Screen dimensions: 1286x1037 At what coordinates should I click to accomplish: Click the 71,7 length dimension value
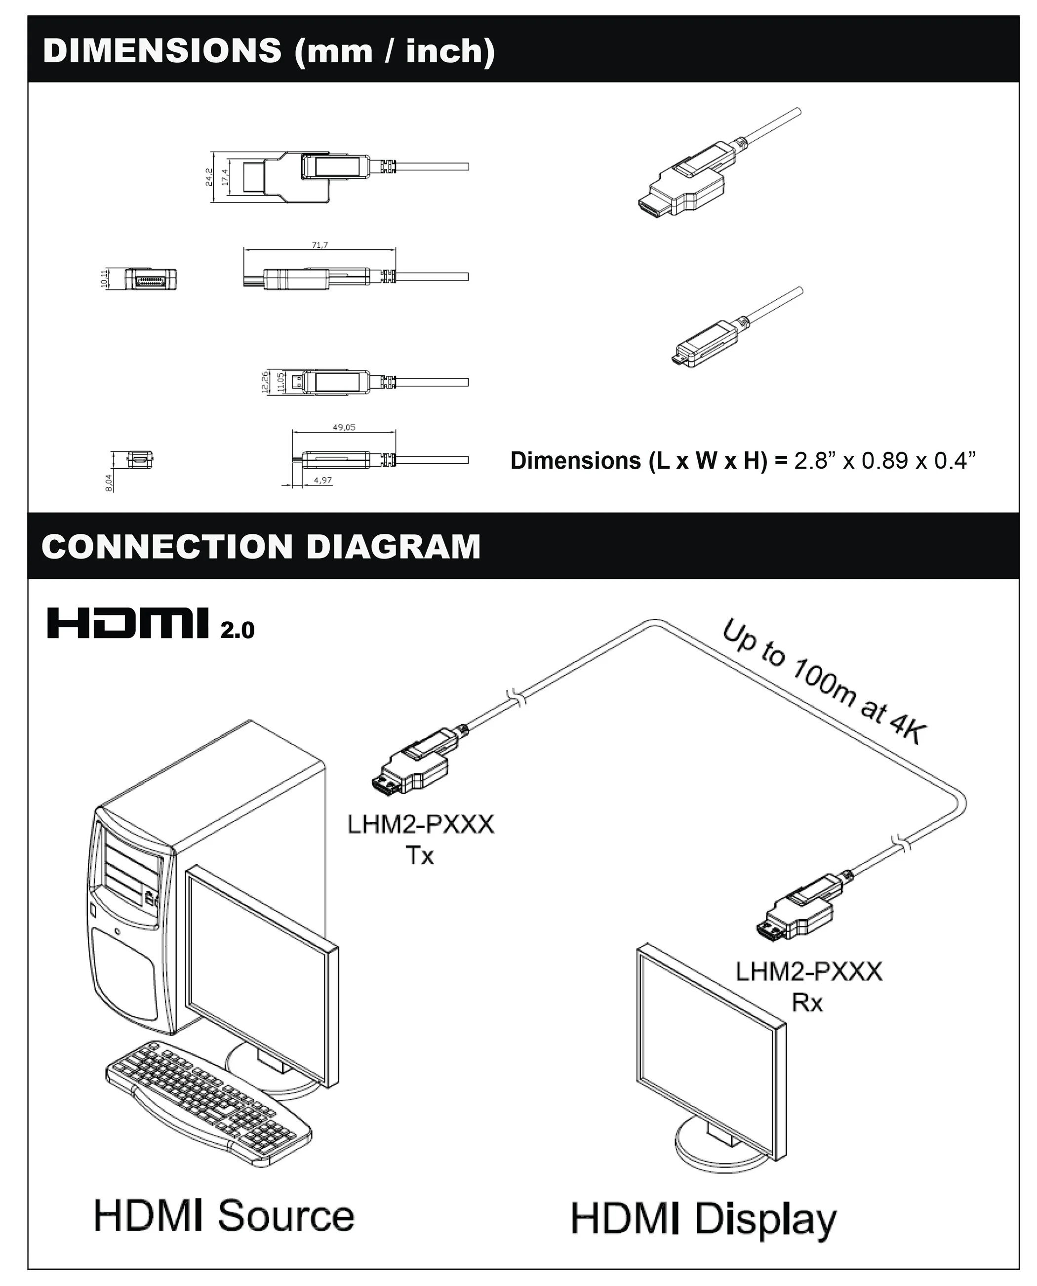click(x=319, y=245)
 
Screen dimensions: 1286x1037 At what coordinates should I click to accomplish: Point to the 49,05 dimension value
click(x=344, y=427)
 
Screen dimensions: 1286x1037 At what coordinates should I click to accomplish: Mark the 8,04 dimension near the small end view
click(x=108, y=482)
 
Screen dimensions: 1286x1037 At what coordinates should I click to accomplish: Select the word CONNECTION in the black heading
click(x=168, y=547)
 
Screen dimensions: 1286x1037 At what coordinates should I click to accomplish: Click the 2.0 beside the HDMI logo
click(x=237, y=630)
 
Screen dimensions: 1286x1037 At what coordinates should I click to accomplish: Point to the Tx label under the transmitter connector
click(x=420, y=856)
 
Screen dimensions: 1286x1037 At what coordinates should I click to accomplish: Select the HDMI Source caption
click(x=224, y=1215)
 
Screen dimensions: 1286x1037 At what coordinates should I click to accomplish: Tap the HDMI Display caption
click(x=703, y=1218)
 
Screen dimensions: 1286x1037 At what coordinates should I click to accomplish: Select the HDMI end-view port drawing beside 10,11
click(x=151, y=279)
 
